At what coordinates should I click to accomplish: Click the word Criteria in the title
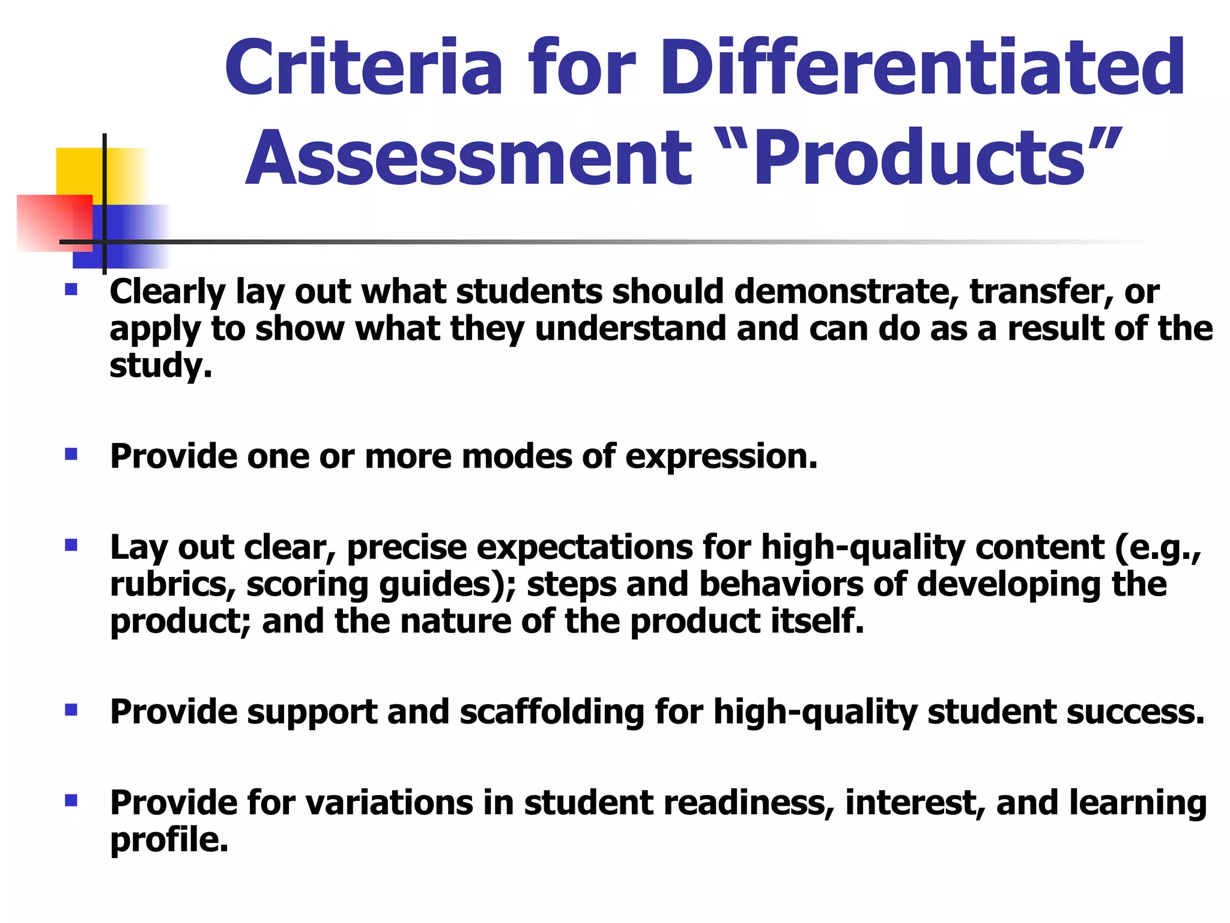[363, 67]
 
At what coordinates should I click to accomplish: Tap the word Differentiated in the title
[922, 67]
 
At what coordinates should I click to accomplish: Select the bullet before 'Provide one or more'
[71, 454]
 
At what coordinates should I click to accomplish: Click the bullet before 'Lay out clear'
[71, 546]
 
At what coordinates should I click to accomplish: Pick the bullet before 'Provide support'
[71, 710]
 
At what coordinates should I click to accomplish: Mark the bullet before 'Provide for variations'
[71, 801]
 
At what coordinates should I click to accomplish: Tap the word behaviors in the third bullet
[781, 585]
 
